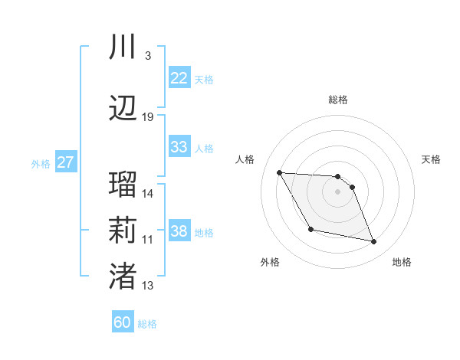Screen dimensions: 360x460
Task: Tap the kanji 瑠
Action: click(x=123, y=185)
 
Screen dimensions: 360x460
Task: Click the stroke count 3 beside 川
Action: click(x=147, y=56)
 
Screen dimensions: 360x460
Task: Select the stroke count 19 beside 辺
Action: click(x=148, y=117)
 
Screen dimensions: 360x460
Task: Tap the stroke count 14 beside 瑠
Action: click(x=148, y=194)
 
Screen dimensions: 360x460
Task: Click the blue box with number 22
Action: click(x=179, y=78)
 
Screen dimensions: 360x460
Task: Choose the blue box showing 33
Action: click(x=179, y=147)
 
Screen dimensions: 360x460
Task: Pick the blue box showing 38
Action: click(x=179, y=231)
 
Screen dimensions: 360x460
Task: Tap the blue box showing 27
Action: click(x=65, y=162)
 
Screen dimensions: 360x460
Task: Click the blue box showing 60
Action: click(x=123, y=322)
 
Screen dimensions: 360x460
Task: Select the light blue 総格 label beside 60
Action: click(x=148, y=324)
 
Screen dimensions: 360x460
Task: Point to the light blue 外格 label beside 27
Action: click(x=41, y=164)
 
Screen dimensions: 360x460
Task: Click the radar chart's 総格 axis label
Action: click(x=338, y=100)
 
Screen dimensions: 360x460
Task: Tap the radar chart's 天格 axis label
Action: click(x=432, y=159)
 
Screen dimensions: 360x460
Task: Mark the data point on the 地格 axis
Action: click(x=374, y=242)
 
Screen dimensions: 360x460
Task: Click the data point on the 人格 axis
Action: click(x=279, y=172)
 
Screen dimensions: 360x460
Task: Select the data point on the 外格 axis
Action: click(x=310, y=229)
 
